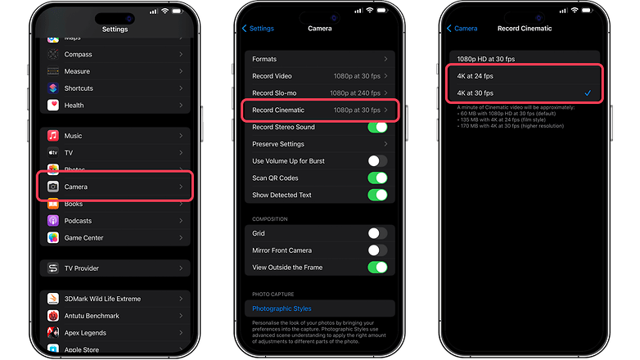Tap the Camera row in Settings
115,187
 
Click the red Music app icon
53,136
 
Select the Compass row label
79,54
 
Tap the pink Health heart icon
53,105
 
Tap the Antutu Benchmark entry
92,316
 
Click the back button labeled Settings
258,28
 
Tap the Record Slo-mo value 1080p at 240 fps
357,93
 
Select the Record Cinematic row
319,110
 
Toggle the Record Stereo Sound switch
377,127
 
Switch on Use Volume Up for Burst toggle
377,161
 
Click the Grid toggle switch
377,233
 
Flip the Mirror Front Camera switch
377,250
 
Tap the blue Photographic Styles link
282,308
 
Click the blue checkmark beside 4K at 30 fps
588,93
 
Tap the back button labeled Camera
462,28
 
